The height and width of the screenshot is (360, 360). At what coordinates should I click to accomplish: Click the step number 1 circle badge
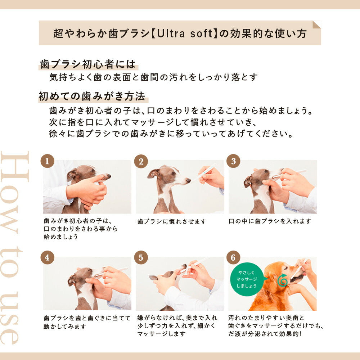click(47, 161)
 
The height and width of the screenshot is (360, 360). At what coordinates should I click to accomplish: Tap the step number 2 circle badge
click(141, 161)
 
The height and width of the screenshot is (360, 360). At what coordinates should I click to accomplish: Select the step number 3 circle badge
click(233, 161)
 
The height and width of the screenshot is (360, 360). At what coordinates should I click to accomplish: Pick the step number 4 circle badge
click(47, 257)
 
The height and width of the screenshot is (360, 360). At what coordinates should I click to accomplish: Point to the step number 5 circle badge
click(141, 257)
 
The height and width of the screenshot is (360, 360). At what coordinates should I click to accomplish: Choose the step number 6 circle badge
click(233, 257)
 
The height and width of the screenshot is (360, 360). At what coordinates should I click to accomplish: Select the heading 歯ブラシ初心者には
click(88, 64)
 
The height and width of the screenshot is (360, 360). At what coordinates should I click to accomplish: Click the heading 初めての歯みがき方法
click(92, 96)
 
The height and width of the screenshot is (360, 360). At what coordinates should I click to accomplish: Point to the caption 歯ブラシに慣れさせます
click(167, 221)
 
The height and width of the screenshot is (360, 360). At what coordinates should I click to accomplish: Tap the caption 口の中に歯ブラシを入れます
click(270, 221)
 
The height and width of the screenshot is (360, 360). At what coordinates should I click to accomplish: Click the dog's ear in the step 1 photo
click(72, 175)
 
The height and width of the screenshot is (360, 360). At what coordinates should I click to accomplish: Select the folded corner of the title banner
click(316, 24)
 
